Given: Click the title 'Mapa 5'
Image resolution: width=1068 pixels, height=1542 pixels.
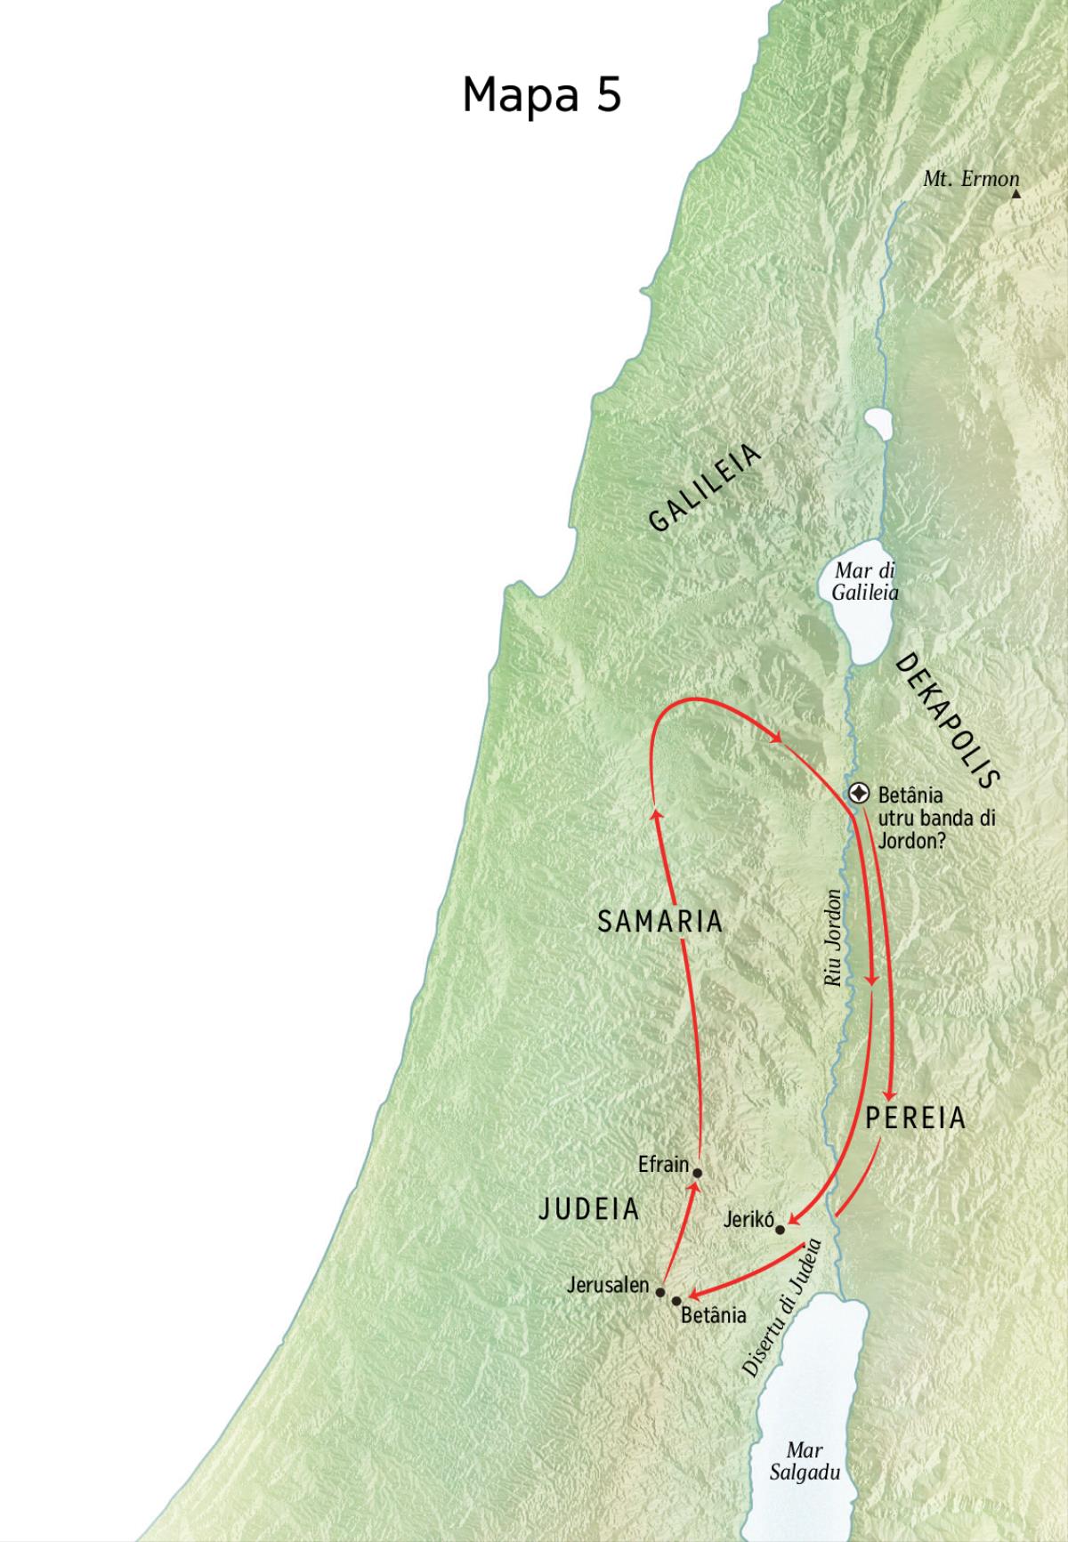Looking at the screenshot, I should pyautogui.click(x=541, y=94).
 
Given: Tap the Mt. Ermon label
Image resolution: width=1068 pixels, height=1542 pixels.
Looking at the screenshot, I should pyautogui.click(x=970, y=179).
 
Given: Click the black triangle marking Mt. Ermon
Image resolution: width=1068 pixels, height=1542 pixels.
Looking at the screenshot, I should pyautogui.click(x=1015, y=193).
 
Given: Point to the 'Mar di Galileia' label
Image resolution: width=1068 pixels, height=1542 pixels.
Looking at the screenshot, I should pyautogui.click(x=865, y=581).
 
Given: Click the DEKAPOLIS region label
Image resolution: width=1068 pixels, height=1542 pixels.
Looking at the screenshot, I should pyautogui.click(x=945, y=720).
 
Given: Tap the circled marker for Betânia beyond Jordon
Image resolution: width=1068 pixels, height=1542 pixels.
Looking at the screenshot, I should pyautogui.click(x=859, y=793).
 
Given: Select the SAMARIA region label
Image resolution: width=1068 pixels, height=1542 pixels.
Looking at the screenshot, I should pyautogui.click(x=659, y=922).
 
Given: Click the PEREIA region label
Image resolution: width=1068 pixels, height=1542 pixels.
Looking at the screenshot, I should pyautogui.click(x=916, y=1118).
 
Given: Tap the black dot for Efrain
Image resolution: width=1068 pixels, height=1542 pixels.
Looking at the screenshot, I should pyautogui.click(x=697, y=1172).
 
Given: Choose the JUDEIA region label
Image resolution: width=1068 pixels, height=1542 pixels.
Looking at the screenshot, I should pyautogui.click(x=590, y=1208).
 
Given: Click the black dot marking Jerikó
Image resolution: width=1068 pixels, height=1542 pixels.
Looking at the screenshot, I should pyautogui.click(x=781, y=1230).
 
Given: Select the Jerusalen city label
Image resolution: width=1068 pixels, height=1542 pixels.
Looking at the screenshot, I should pyautogui.click(x=608, y=1285).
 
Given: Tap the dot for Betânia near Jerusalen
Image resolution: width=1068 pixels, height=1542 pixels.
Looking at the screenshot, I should pyautogui.click(x=676, y=1301).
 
